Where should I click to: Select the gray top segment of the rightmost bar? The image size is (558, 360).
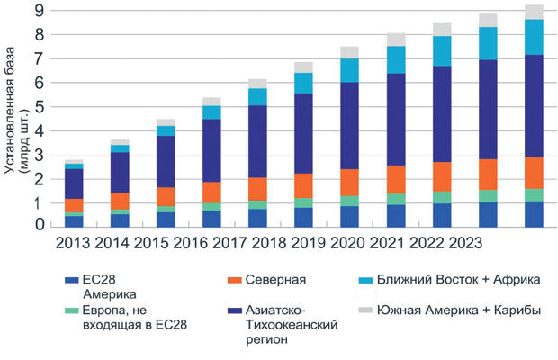534,12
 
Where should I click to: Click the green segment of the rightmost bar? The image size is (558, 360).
534,195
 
